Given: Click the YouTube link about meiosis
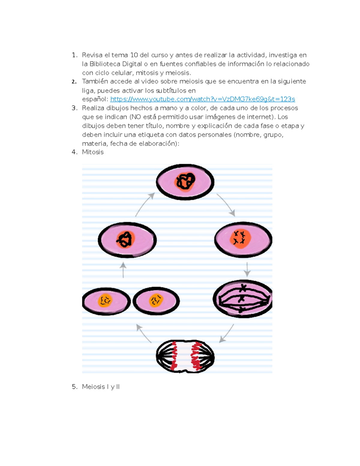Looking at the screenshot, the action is [x=202, y=99].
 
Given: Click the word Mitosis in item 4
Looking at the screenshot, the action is [x=93, y=152].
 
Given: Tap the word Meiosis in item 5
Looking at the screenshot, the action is [x=94, y=387].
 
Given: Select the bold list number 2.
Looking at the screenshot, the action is [x=74, y=82].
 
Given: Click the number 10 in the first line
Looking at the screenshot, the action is [x=134, y=55].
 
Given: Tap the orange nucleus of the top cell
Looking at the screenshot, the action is [x=185, y=182].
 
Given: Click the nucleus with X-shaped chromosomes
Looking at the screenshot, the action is [x=240, y=239].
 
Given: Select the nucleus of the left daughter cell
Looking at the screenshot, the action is [x=105, y=301].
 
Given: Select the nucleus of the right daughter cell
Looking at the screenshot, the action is [x=156, y=300].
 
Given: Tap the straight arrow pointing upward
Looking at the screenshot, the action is [x=123, y=270].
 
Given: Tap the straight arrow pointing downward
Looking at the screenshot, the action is [x=247, y=269].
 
